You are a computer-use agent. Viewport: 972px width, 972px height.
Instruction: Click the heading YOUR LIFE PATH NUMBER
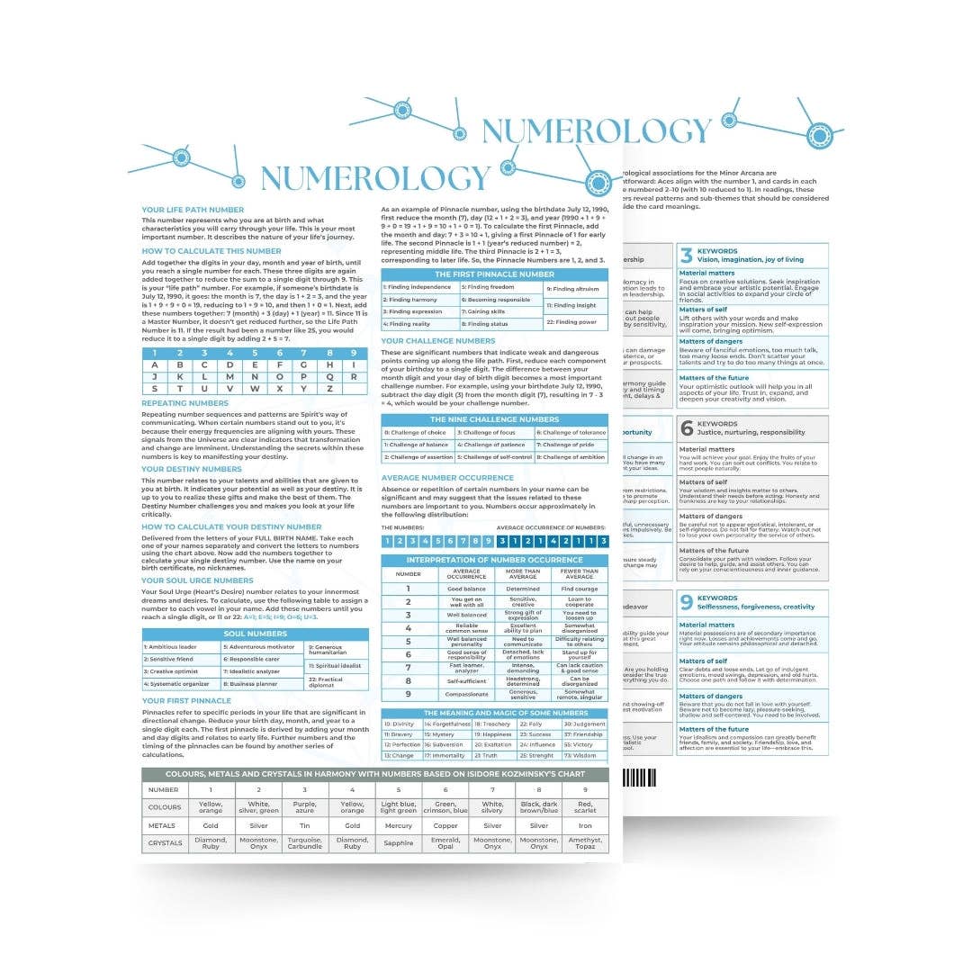[x=193, y=210]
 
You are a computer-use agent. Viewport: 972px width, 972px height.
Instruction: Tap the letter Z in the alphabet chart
[x=305, y=389]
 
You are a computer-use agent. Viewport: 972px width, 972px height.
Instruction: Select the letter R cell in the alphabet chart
[x=355, y=377]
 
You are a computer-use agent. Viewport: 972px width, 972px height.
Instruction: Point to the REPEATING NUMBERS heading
[x=185, y=403]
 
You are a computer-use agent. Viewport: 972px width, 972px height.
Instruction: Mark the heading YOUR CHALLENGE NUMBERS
[x=438, y=341]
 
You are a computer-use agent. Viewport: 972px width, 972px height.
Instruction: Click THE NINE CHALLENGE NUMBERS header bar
[x=494, y=419]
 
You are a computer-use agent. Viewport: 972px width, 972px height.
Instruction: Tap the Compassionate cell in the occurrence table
[x=467, y=694]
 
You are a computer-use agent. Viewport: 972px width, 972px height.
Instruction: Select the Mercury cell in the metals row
[x=397, y=825]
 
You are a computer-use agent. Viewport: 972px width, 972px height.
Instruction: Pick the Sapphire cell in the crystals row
[x=397, y=845]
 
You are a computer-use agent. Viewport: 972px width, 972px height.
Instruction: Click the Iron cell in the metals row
[x=585, y=825]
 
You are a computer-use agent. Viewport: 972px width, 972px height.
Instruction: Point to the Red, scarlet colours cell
[x=585, y=807]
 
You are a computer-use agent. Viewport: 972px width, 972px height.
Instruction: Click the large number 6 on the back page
[x=686, y=428]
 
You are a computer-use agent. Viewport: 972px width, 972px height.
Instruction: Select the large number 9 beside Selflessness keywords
[x=686, y=602]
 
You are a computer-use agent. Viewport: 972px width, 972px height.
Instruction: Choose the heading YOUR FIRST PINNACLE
[x=186, y=700]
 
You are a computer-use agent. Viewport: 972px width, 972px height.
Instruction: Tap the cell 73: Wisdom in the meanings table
[x=585, y=756]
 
